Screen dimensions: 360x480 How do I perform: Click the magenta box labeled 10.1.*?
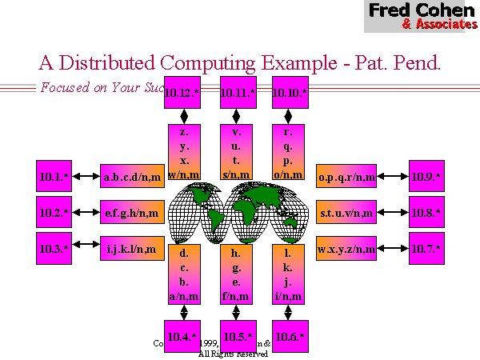click(54, 175)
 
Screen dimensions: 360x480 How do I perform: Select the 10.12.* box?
click(183, 93)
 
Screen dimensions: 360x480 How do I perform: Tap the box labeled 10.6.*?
click(290, 335)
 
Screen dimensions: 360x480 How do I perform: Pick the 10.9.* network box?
click(426, 175)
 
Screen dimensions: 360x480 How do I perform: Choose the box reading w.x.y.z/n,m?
click(346, 249)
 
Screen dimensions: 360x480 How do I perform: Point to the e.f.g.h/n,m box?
click(131, 212)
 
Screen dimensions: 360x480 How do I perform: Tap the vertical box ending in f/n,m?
click(237, 274)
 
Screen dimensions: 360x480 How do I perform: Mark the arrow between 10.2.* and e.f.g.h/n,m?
click(86, 213)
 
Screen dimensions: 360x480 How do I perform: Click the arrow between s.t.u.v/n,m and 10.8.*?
click(394, 213)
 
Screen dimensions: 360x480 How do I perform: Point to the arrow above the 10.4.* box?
click(185, 312)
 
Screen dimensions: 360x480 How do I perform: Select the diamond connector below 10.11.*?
click(237, 116)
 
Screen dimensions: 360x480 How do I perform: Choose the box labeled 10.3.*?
click(54, 248)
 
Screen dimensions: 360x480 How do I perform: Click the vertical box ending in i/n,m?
click(290, 274)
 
